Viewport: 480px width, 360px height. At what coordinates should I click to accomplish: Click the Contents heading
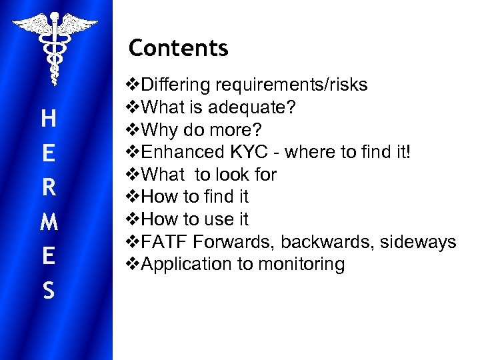[178, 48]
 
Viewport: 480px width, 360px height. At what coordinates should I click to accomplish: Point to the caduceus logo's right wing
[78, 25]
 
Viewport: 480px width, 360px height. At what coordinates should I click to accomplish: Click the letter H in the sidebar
[48, 120]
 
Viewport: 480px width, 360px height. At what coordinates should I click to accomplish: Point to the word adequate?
[254, 107]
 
